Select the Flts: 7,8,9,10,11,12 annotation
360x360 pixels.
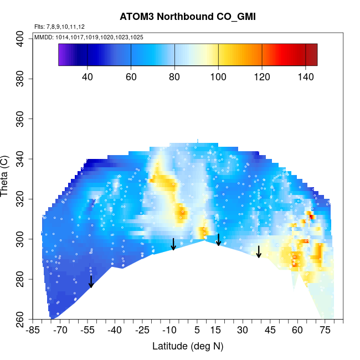(59, 27)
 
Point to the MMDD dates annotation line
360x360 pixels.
(89, 37)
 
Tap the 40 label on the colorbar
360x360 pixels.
(88, 76)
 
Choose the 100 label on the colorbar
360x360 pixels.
(218, 76)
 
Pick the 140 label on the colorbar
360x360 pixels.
(306, 76)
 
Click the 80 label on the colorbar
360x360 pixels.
(174, 76)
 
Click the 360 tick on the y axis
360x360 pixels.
(24, 119)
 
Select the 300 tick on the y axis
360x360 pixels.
(24, 239)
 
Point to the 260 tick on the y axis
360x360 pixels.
(24, 320)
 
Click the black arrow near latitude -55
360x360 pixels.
(91, 282)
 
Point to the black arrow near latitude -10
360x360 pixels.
(173, 244)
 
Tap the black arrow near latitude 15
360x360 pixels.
(219, 240)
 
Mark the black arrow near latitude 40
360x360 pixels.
(259, 252)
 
